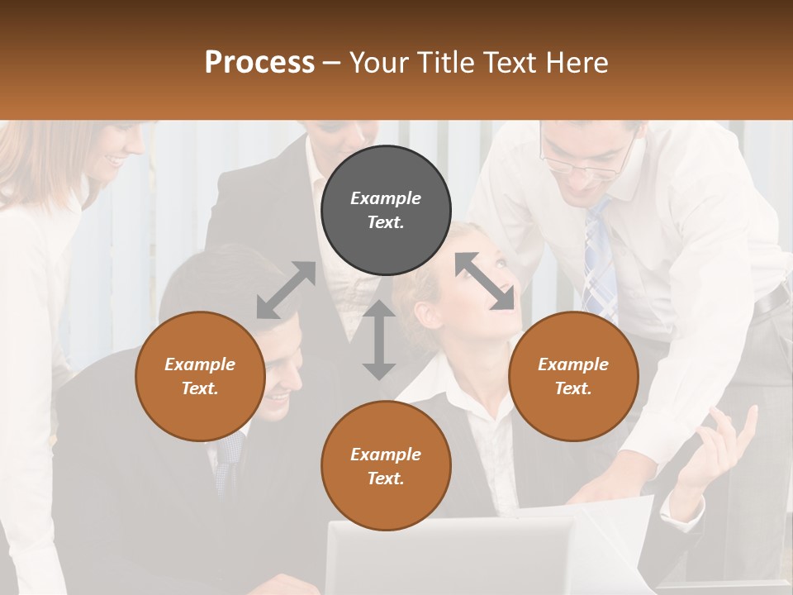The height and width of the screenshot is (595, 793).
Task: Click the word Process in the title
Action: click(259, 63)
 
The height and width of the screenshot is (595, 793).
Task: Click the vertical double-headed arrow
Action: click(379, 340)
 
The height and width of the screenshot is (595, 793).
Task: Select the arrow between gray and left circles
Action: click(286, 290)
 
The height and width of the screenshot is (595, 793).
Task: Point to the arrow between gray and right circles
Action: click(485, 281)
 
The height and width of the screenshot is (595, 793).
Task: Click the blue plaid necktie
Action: click(601, 264)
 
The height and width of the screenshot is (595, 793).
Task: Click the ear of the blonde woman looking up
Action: click(424, 314)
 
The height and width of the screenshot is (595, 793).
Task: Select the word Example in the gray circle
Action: click(386, 198)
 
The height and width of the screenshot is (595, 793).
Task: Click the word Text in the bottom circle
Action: click(384, 478)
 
